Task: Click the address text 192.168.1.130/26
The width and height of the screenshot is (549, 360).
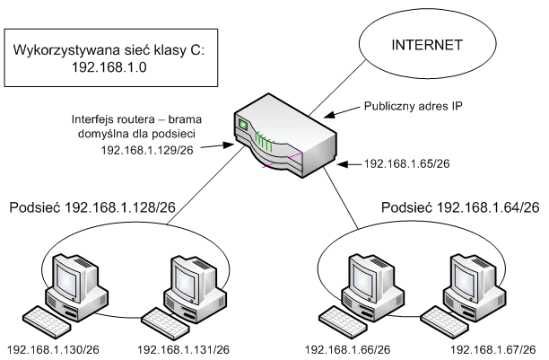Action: [x=51, y=349]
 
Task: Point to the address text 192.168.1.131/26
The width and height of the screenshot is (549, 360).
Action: [x=183, y=349]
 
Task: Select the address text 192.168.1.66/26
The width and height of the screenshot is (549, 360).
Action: [x=347, y=349]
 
